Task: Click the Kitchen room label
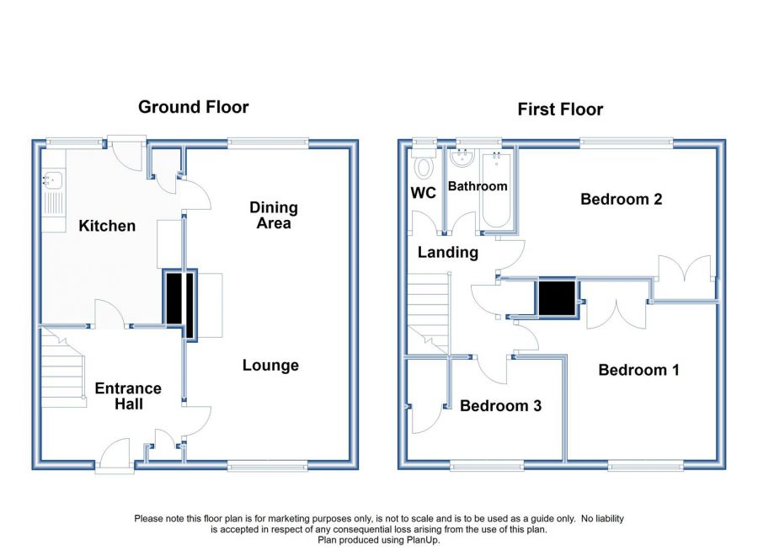pos(107,226)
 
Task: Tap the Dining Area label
pos(274,216)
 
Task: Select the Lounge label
pos(270,366)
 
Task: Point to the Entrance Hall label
pos(128,396)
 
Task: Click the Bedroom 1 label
pos(638,370)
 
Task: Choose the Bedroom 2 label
pos(622,199)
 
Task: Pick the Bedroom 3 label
pos(500,405)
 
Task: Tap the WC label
pos(423,193)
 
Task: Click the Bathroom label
pos(478,186)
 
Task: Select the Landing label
pos(448,252)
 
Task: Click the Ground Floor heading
pos(194,107)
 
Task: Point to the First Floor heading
pos(560,110)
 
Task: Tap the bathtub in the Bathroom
pos(496,190)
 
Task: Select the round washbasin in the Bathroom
pos(462,158)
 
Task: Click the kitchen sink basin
pos(53,179)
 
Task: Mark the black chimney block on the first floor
pos(557,298)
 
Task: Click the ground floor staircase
pos(63,367)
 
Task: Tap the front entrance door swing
pos(115,452)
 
